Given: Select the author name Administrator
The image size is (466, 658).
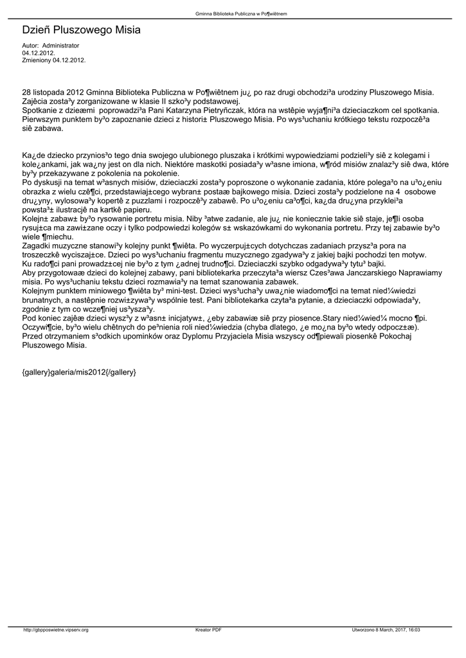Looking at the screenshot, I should tap(60, 46).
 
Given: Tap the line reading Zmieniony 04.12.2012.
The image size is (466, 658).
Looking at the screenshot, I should tap(54, 60).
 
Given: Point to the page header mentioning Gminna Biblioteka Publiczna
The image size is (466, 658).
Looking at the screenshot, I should tap(241, 13).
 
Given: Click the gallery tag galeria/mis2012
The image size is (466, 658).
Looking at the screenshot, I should tap(79, 372).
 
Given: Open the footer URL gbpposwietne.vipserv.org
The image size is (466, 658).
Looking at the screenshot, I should tap(56, 630).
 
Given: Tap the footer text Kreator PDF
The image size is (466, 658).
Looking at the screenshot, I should tap(209, 630).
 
